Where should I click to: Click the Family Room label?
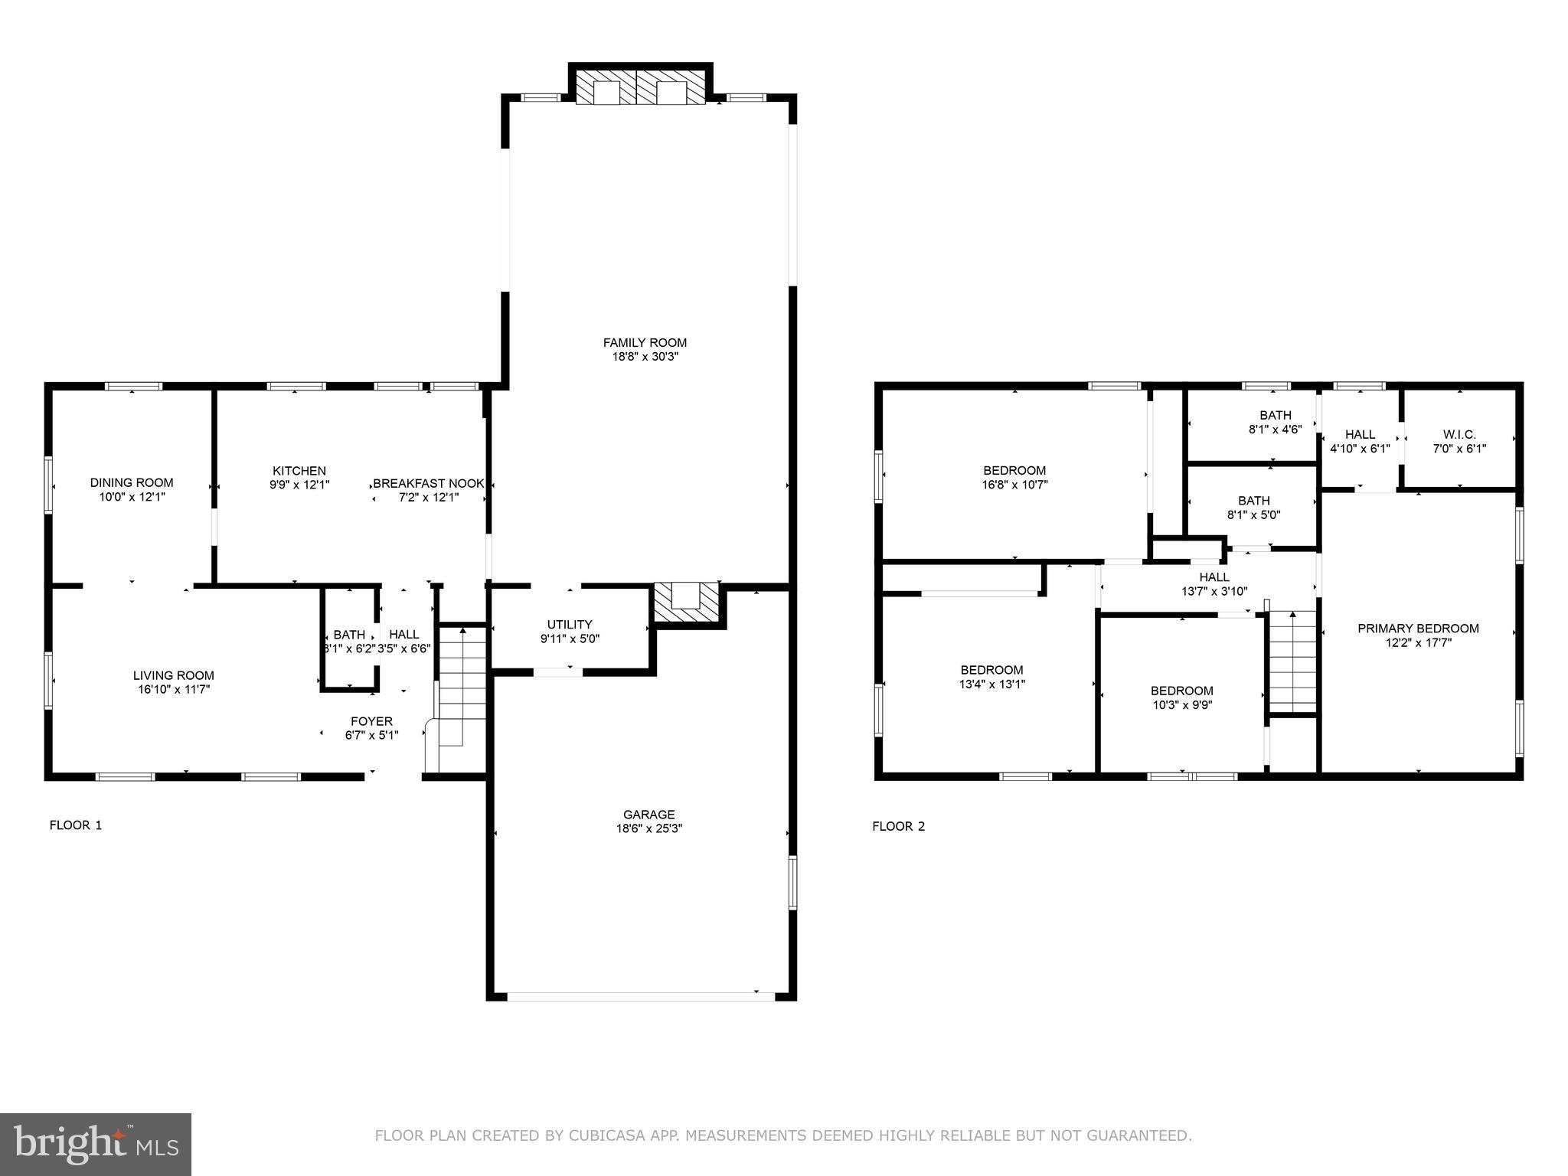point(645,342)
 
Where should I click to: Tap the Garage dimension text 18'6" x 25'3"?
point(648,828)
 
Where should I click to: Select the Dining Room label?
point(132,482)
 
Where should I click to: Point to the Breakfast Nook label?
point(429,483)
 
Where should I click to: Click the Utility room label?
point(570,624)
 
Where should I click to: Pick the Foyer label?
point(371,721)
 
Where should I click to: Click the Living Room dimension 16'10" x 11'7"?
point(173,689)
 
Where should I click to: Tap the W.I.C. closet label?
point(1459,435)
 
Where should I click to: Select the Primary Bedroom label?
point(1418,629)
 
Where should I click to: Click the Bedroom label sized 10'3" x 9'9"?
point(1181,691)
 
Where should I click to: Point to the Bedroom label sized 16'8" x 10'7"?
point(1014,470)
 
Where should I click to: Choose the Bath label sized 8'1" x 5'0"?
point(1253,501)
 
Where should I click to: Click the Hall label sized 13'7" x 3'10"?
point(1214,577)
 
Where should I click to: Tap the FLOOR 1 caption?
point(75,825)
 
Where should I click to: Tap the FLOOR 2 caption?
point(898,826)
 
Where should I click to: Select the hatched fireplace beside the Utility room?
point(686,603)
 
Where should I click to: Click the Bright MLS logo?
point(96,1144)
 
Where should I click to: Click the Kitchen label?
point(299,471)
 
